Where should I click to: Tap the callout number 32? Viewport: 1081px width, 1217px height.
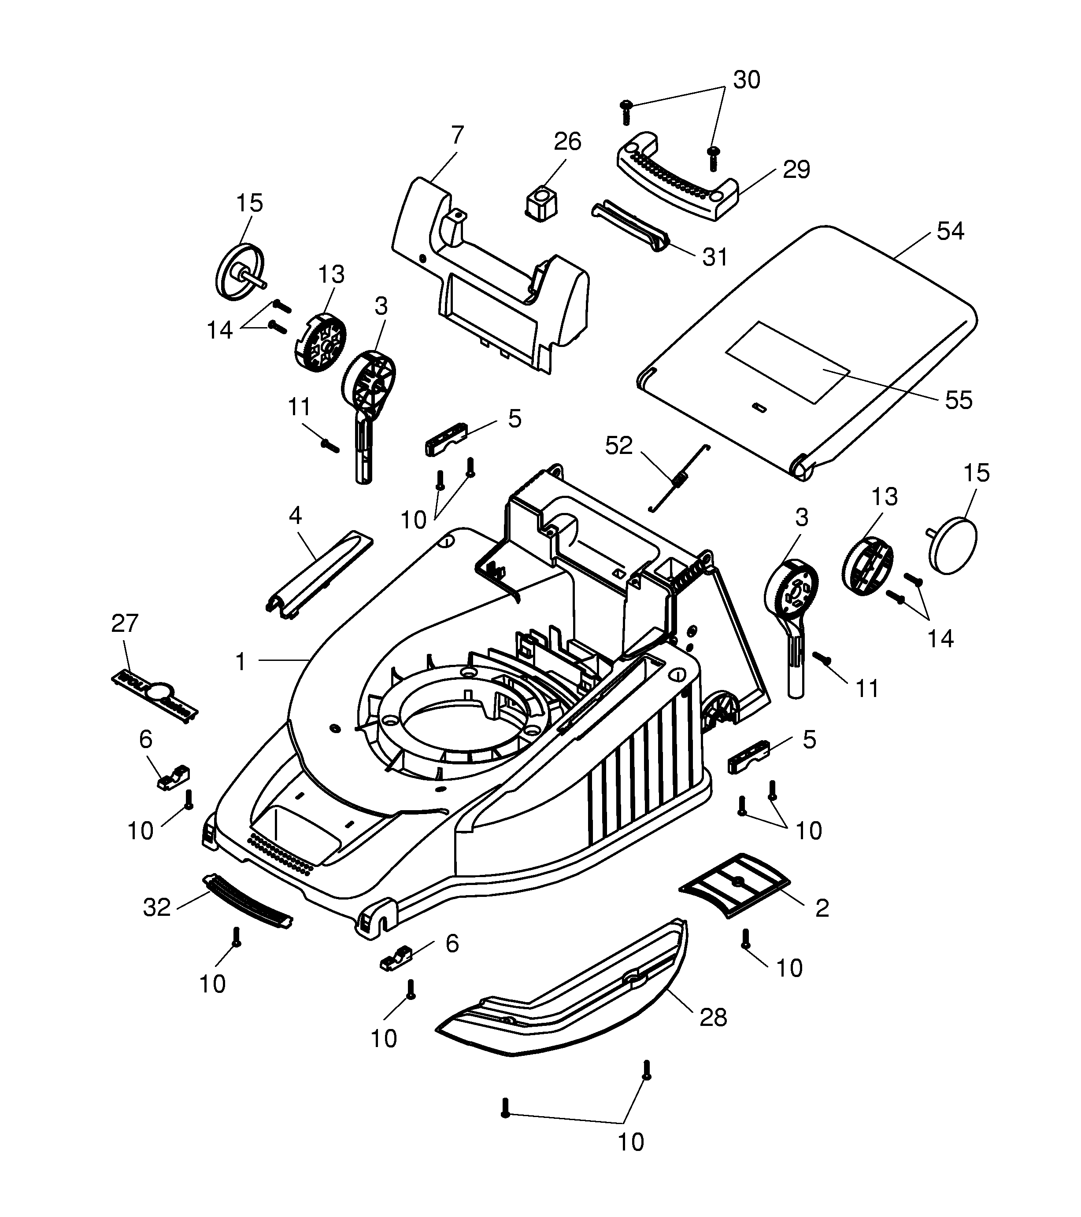(x=157, y=907)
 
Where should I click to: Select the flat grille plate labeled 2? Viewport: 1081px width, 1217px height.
(x=734, y=885)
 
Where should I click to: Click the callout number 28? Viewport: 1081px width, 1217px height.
(x=713, y=1018)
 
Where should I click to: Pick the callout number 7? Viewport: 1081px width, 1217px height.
(x=457, y=135)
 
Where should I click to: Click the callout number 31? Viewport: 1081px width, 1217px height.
(x=714, y=257)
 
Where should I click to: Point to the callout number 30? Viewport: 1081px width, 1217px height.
(x=746, y=79)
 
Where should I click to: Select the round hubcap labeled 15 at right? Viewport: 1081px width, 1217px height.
(x=954, y=545)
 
